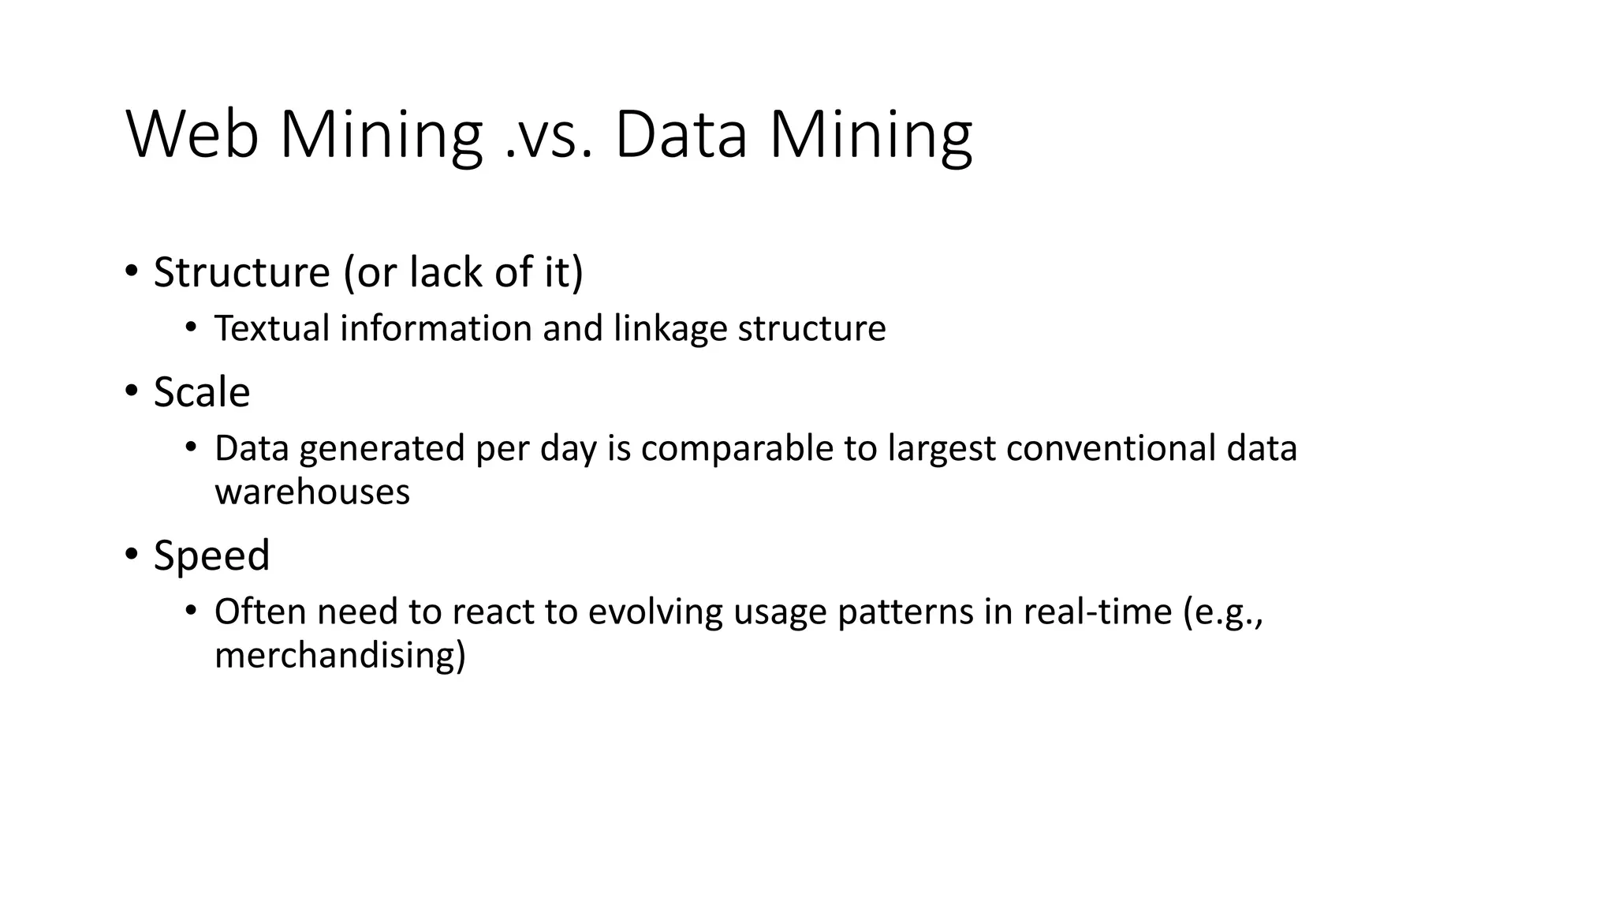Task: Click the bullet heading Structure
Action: (x=241, y=273)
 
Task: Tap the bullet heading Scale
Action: (x=201, y=392)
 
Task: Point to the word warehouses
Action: (x=312, y=492)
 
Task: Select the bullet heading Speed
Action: (x=211, y=555)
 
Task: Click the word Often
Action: (x=259, y=612)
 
